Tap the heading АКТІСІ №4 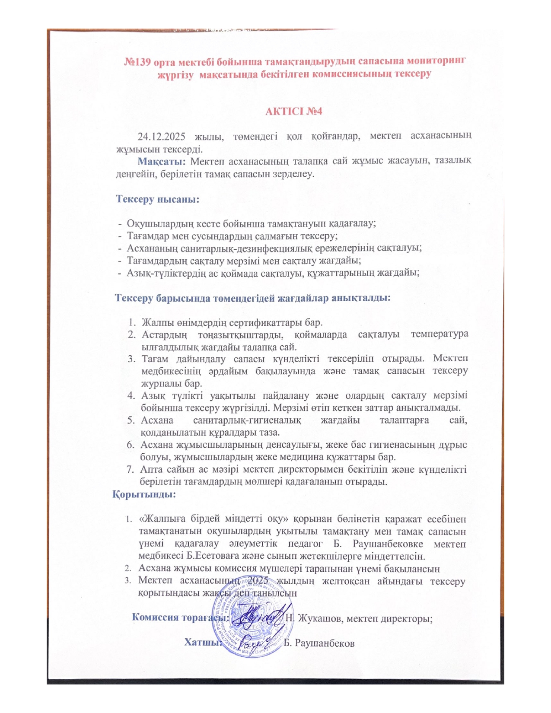coord(294,111)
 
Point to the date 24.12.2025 coord(161,137)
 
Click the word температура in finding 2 coord(440,334)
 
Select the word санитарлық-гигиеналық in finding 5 coord(247,420)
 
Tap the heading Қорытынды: coord(144,494)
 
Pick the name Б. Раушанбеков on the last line coord(319,643)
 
